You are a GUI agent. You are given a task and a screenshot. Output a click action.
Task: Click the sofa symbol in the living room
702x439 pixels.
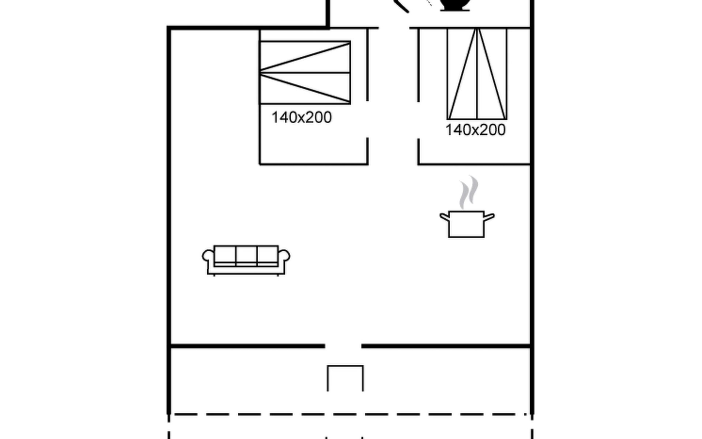[246, 260]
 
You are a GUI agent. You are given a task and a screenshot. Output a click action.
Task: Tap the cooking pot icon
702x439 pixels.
[467, 224]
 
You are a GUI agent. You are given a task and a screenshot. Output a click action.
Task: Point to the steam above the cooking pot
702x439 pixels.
[469, 192]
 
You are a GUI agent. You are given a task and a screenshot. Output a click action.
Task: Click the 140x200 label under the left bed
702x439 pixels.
[302, 117]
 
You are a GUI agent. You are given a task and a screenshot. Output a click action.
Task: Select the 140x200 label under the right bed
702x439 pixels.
[475, 130]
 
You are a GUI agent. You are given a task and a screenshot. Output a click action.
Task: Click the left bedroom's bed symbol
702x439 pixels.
[305, 73]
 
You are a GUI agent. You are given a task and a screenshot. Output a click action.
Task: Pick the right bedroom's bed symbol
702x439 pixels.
[477, 74]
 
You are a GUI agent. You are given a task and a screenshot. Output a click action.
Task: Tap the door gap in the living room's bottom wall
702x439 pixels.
[343, 346]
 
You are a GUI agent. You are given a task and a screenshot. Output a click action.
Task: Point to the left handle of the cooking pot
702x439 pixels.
[444, 217]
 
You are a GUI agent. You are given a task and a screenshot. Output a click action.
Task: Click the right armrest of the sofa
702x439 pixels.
[284, 255]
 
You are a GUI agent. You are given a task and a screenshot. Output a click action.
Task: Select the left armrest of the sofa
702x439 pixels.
[208, 255]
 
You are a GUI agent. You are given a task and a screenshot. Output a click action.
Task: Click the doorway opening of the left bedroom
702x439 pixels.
[367, 119]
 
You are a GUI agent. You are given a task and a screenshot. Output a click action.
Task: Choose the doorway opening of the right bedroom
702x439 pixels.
[418, 120]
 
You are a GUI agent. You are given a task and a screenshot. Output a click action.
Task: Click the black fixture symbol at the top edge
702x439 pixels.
[455, 5]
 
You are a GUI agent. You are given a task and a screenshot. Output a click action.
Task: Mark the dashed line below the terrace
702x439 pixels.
[350, 414]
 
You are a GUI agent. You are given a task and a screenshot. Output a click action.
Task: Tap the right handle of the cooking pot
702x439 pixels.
[490, 217]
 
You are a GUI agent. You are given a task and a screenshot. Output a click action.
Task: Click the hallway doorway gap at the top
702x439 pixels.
[394, 27]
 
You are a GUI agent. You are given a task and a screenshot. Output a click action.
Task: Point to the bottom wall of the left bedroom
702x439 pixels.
[314, 164]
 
